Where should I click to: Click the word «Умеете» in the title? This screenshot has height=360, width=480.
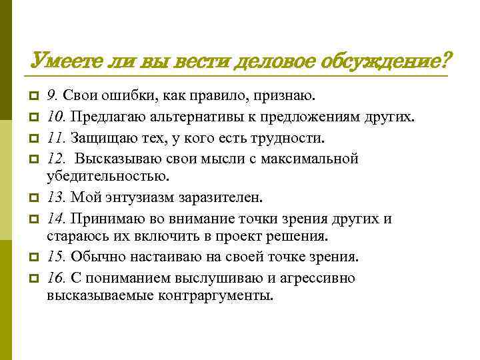(x=63, y=62)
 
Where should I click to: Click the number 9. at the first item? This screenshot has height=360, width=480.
(x=52, y=99)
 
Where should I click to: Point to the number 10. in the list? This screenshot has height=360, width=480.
(x=55, y=119)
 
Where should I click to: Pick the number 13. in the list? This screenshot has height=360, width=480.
(x=55, y=198)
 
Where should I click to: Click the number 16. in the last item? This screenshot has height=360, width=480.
(x=55, y=277)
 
